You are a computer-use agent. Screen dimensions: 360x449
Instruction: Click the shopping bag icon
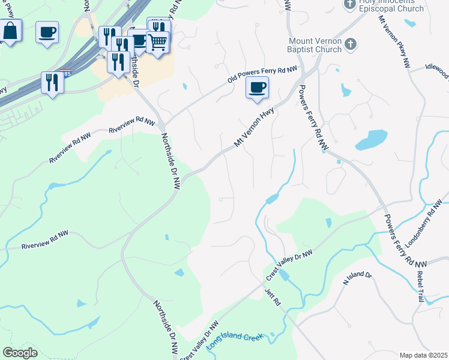pos(10,31)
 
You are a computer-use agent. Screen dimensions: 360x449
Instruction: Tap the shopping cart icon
pos(157,43)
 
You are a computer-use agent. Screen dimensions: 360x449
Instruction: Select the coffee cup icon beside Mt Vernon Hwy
pos(257,88)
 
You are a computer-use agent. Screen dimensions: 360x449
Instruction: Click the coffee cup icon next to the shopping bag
pos(47,32)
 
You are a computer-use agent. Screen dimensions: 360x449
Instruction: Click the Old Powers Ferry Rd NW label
pos(262,75)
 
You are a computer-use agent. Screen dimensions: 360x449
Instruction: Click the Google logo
pos(20,352)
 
